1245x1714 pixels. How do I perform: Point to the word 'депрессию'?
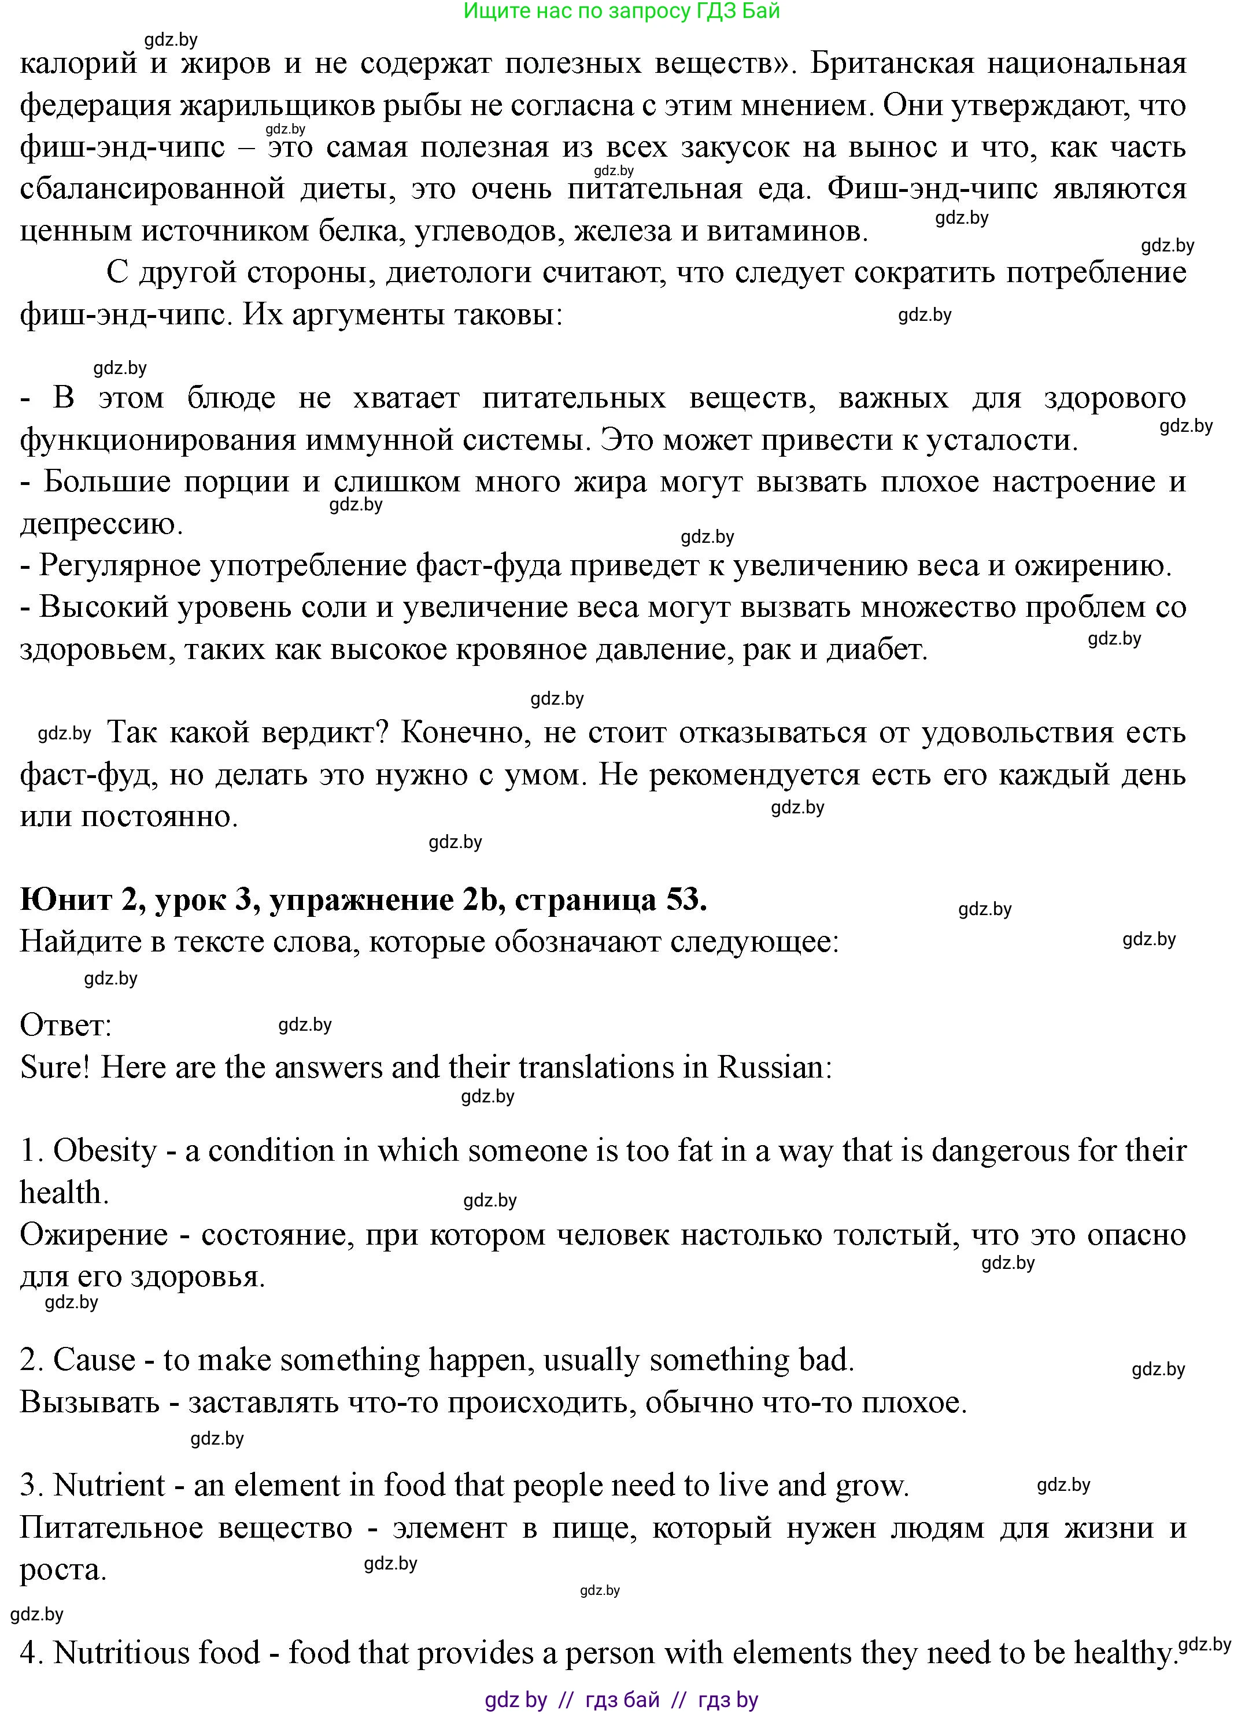[x=101, y=524]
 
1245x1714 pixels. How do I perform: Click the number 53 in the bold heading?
[x=684, y=899]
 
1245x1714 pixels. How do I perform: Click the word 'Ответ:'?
[x=66, y=1026]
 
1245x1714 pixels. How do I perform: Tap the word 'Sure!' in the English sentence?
[x=54, y=1067]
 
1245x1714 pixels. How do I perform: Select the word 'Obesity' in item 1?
[x=105, y=1151]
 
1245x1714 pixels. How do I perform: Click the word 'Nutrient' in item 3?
[x=109, y=1486]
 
